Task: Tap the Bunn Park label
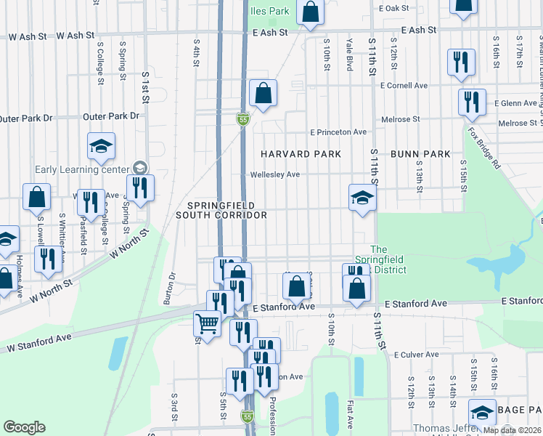pyautogui.click(x=420, y=154)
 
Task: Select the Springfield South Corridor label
pyautogui.click(x=222, y=209)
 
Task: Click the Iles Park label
pyautogui.click(x=270, y=11)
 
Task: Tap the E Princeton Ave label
pyautogui.click(x=338, y=132)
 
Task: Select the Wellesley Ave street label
pyautogui.click(x=275, y=175)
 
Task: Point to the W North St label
pyautogui.click(x=128, y=243)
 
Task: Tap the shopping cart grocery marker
pyautogui.click(x=208, y=323)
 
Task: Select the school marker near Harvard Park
pyautogui.click(x=362, y=197)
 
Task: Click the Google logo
pyautogui.click(x=24, y=427)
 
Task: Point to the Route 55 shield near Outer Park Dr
pyautogui.click(x=244, y=118)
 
